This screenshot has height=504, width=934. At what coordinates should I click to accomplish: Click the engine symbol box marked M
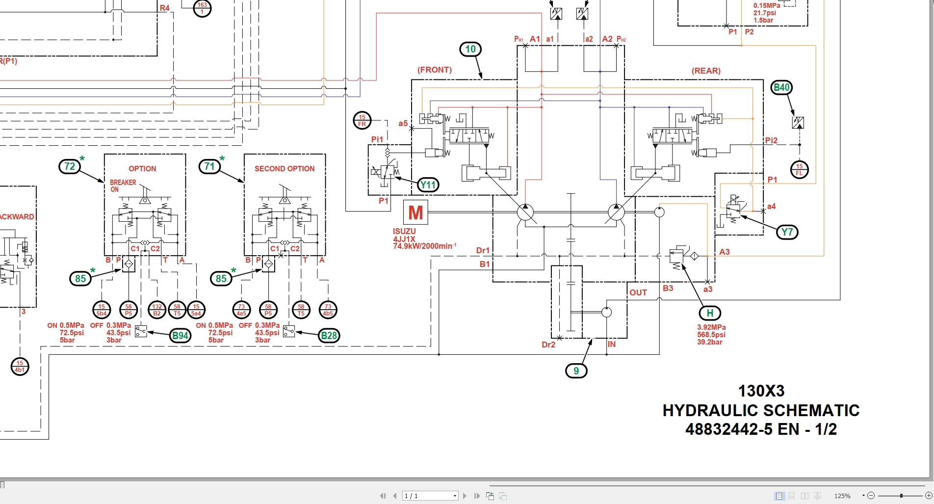[415, 212]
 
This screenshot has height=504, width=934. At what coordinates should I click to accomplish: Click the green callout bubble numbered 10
[470, 49]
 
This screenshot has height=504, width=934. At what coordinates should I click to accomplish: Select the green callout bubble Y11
[428, 185]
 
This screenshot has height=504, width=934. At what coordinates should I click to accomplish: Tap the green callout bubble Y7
[787, 232]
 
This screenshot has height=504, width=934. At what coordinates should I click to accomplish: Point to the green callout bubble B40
[781, 88]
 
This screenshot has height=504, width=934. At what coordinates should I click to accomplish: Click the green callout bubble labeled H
[710, 313]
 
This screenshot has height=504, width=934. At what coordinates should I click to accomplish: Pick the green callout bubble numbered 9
[576, 371]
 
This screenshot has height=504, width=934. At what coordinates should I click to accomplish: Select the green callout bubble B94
[180, 336]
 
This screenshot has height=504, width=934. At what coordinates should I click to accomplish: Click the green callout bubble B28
[329, 336]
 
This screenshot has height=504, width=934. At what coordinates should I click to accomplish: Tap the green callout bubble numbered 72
[70, 166]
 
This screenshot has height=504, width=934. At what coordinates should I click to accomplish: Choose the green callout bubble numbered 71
[209, 166]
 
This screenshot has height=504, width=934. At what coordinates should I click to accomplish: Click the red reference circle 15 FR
[362, 121]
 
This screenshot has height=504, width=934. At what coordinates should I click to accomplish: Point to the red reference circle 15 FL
[799, 170]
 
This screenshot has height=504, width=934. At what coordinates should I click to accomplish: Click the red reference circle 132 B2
[157, 310]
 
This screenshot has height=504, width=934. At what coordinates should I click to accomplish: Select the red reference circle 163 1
[202, 8]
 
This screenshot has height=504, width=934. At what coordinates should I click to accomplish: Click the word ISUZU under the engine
[404, 231]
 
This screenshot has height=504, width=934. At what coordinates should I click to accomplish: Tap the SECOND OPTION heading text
[285, 169]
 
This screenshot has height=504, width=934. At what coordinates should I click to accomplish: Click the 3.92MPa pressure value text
[711, 327]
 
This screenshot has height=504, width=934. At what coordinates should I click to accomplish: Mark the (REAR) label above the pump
[706, 71]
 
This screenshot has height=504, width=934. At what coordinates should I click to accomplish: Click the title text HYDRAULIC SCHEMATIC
[761, 410]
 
